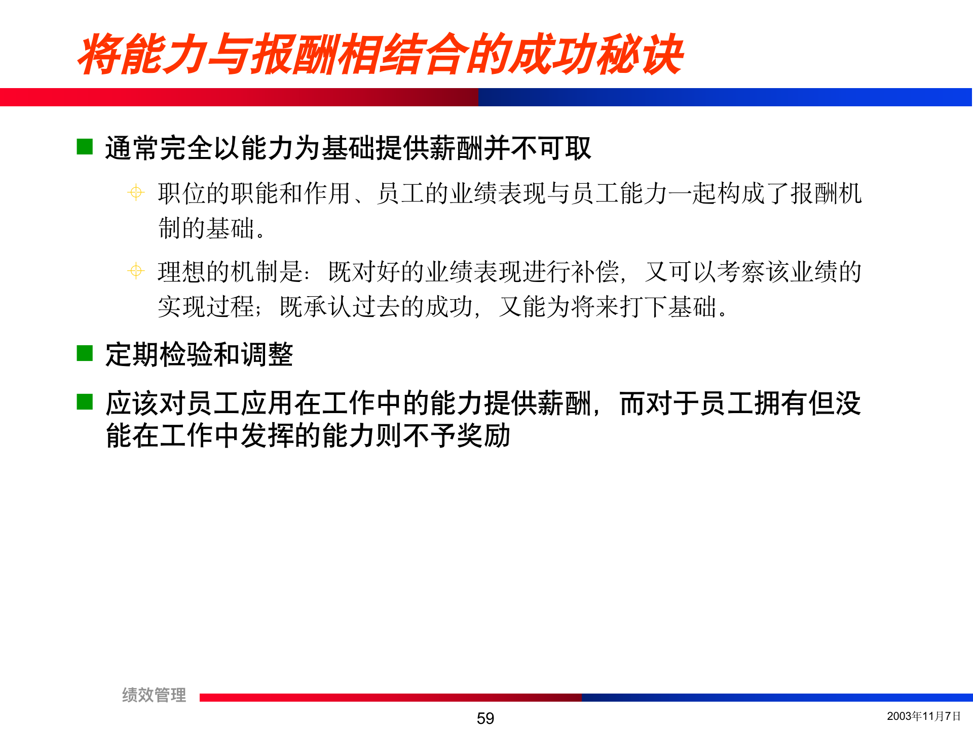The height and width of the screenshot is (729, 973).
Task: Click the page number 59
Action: tap(485, 718)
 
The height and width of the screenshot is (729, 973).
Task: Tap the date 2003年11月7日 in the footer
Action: tap(923, 716)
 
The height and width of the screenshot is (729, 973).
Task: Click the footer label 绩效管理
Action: tap(154, 695)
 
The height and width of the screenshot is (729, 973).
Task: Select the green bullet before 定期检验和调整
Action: tap(85, 353)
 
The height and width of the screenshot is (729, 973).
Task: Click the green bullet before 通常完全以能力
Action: tap(85, 147)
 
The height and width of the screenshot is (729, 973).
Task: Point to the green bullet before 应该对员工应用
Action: tap(85, 402)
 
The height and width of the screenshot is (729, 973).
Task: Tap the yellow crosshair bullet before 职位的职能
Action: tap(136, 192)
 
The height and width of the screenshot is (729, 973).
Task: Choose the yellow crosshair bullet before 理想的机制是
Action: tap(136, 271)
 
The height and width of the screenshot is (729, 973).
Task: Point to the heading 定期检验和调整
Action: tap(199, 354)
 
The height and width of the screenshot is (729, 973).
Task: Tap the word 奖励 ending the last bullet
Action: tap(483, 435)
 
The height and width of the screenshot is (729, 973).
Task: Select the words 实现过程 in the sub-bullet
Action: tap(206, 306)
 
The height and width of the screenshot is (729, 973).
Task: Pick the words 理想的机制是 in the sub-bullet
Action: tap(231, 272)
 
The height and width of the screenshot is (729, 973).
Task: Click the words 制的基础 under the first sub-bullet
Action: tap(206, 228)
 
